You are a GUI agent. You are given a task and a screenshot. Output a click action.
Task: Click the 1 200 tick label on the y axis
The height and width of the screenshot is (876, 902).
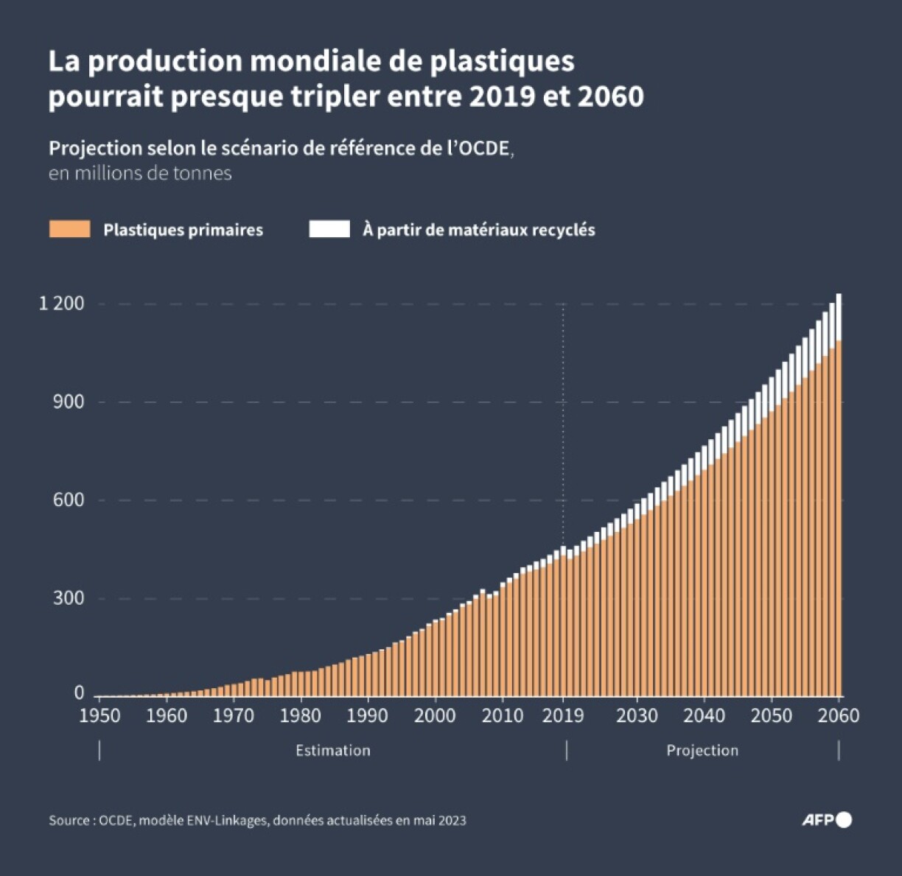click(x=61, y=304)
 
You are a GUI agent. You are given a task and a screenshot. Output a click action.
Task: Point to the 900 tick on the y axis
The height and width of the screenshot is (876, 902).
click(x=69, y=402)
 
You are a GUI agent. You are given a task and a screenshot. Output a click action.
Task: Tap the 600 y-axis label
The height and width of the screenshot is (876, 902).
click(x=69, y=500)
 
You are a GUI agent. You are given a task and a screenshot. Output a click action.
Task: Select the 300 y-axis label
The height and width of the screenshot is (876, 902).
click(x=69, y=598)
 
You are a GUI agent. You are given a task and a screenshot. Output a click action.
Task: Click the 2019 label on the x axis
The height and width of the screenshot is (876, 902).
click(x=563, y=715)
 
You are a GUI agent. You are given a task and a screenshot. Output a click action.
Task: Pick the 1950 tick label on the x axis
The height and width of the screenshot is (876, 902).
click(x=99, y=715)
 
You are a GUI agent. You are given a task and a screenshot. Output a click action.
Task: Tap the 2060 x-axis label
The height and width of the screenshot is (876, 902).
click(x=839, y=715)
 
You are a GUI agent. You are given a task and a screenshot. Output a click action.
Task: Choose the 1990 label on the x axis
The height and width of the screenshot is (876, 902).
click(x=368, y=715)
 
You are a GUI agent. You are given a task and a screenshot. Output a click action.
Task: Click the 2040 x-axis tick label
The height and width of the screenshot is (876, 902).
click(x=704, y=715)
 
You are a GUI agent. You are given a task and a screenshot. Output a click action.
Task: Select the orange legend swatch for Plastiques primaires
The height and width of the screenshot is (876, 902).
click(x=69, y=229)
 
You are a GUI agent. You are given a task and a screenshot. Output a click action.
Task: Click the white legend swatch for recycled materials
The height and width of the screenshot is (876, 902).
click(x=329, y=229)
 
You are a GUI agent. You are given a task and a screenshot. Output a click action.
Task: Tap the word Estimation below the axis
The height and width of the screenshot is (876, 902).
click(x=333, y=750)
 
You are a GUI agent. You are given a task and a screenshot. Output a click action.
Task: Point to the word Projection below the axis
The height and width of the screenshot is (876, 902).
click(x=702, y=750)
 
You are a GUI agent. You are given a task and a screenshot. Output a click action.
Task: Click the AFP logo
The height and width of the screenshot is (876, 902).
click(x=826, y=819)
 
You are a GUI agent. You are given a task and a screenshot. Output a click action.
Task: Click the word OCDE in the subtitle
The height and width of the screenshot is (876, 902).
click(x=484, y=148)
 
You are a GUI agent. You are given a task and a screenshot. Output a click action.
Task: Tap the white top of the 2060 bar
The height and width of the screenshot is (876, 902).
click(x=839, y=317)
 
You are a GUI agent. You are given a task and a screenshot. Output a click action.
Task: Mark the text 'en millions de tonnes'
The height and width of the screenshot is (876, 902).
click(x=140, y=173)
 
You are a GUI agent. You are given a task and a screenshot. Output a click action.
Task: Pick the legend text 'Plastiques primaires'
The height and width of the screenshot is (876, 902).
click(x=183, y=230)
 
